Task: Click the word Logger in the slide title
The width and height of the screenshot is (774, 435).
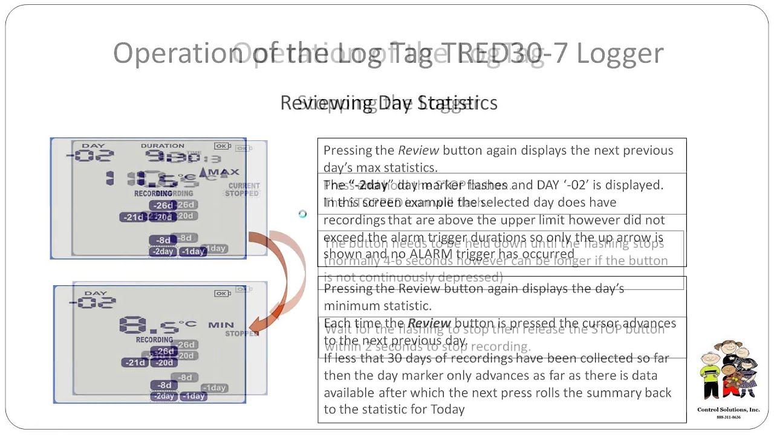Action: pos(619,53)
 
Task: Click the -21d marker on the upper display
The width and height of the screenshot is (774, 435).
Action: pos(133,217)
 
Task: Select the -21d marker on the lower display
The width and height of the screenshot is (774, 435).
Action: pos(135,362)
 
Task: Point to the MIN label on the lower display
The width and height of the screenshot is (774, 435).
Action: pos(221,325)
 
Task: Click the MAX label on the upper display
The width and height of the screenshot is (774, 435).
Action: pos(224,172)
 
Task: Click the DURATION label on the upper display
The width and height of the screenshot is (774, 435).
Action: pos(162,146)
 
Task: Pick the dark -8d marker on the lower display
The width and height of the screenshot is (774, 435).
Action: pos(163,385)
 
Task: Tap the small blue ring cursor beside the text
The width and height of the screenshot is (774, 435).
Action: pos(302,214)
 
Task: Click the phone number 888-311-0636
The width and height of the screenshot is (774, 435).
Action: pos(728,417)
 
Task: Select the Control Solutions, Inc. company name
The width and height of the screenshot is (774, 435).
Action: pos(728,410)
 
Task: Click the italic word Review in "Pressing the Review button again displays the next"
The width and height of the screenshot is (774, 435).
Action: pos(418,150)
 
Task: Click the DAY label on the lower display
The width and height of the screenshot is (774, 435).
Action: pos(95,293)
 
